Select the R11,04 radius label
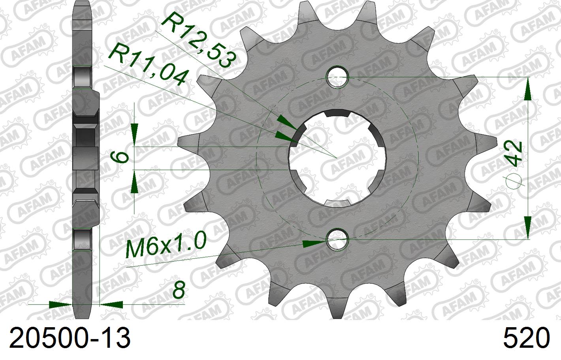click(x=147, y=65)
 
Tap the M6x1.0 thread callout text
click(x=166, y=245)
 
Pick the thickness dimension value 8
click(x=179, y=290)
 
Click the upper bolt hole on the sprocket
click(x=337, y=77)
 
